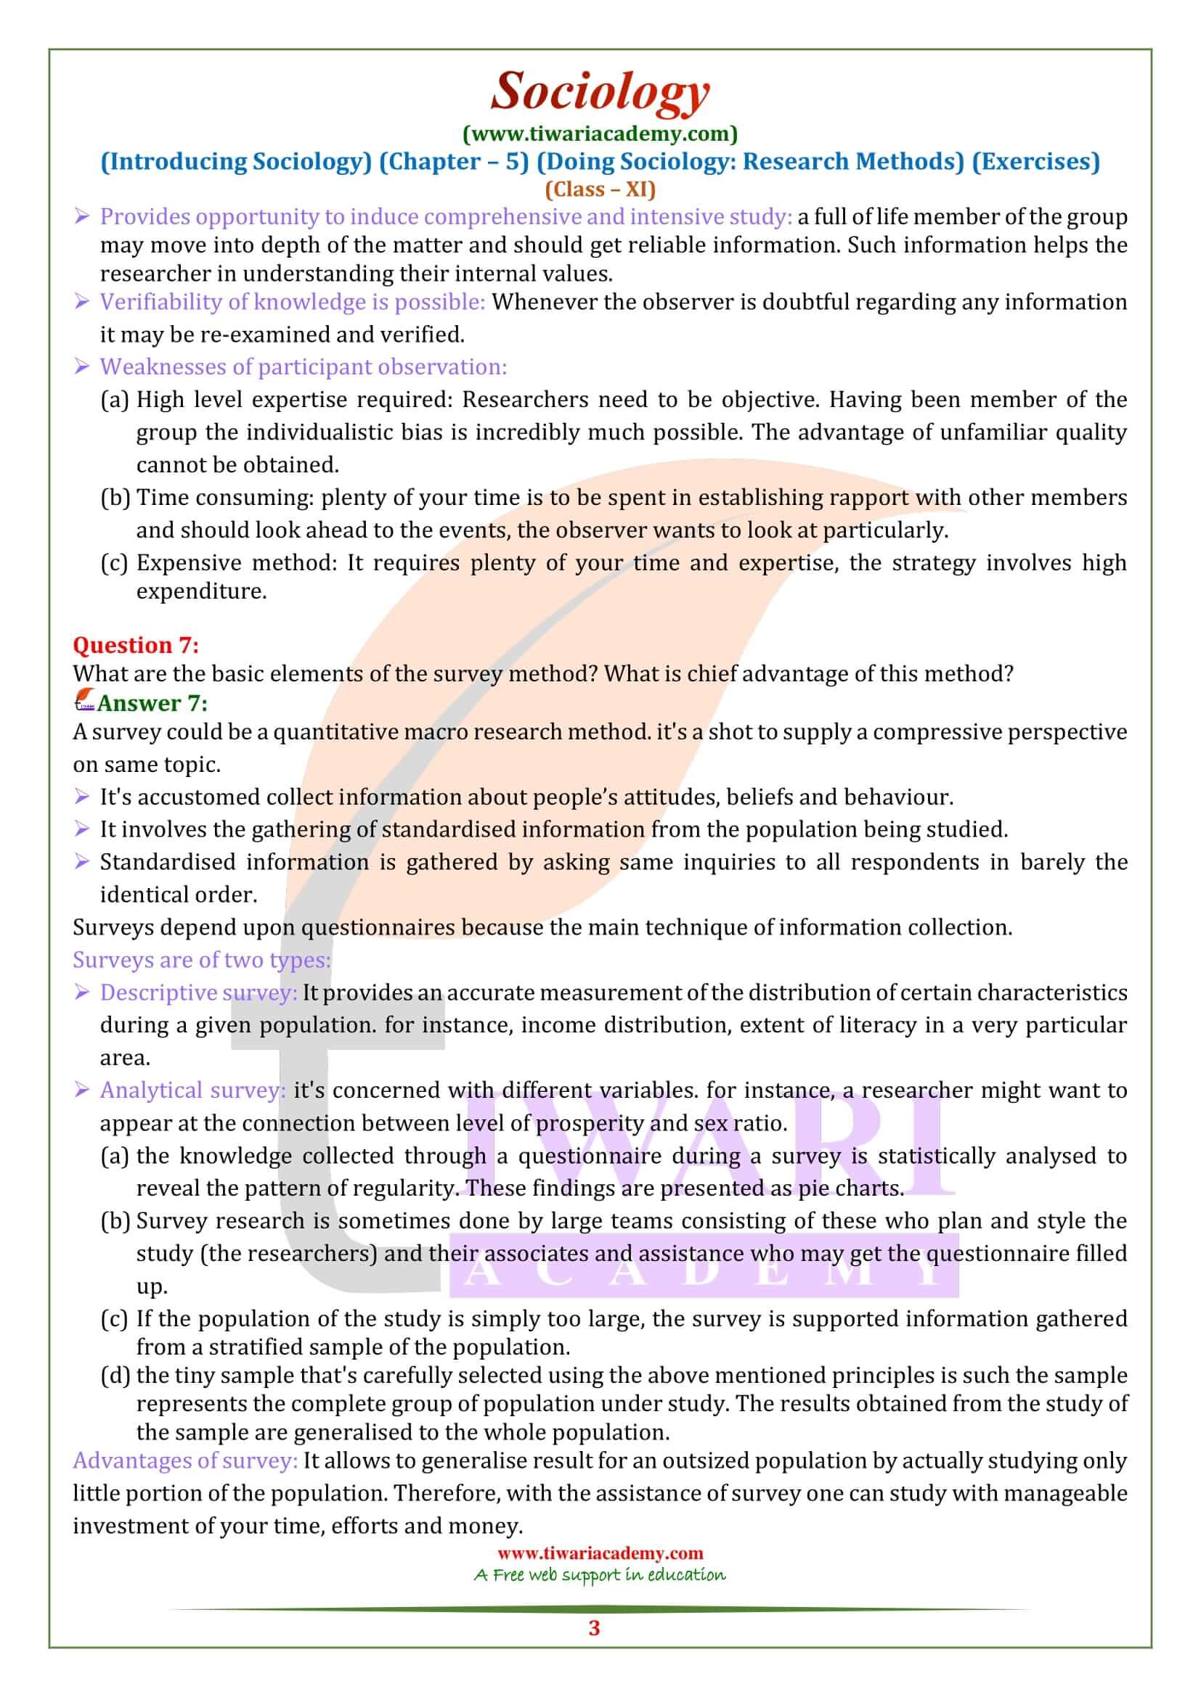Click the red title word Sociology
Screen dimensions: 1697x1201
tap(600, 91)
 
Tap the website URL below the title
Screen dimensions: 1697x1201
tap(600, 133)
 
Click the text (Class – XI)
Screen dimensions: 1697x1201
tap(600, 189)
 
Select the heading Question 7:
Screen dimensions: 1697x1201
tap(135, 645)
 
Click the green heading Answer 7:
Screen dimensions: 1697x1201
tap(152, 703)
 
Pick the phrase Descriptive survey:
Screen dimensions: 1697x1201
tap(198, 993)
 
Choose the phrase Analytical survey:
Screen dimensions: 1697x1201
tap(192, 1090)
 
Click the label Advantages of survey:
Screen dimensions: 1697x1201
tap(185, 1460)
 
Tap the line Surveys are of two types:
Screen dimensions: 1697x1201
tap(201, 960)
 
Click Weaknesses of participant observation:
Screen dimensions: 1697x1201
tap(304, 366)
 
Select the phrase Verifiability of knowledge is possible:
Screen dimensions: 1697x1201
tap(292, 302)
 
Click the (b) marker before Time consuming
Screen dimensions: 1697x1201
tap(115, 498)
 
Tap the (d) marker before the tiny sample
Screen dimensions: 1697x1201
tap(115, 1376)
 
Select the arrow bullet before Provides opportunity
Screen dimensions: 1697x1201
tap(82, 216)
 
